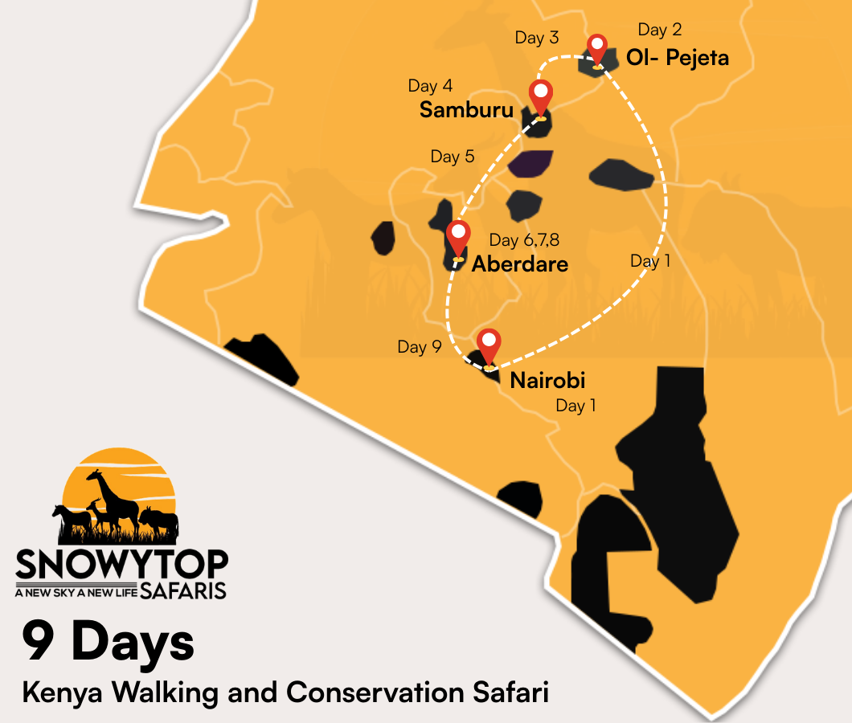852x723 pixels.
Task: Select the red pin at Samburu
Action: coord(541,97)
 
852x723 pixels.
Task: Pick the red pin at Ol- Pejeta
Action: coord(596,48)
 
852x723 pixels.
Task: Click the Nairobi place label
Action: coord(547,380)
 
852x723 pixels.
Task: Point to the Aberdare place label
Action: coord(520,263)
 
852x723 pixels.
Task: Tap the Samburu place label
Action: coord(466,111)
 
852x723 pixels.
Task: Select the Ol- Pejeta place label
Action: coord(678,58)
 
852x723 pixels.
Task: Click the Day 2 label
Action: coord(660,30)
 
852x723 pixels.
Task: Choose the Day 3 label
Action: coord(537,38)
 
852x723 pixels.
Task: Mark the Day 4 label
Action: coord(430,85)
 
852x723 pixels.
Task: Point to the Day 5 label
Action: coord(453,157)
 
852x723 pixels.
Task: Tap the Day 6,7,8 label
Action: coord(524,240)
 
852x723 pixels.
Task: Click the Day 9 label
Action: coord(420,347)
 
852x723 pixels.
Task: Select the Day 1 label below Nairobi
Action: coord(576,406)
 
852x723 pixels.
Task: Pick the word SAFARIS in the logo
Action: coord(183,591)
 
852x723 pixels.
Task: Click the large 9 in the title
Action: coord(40,641)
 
